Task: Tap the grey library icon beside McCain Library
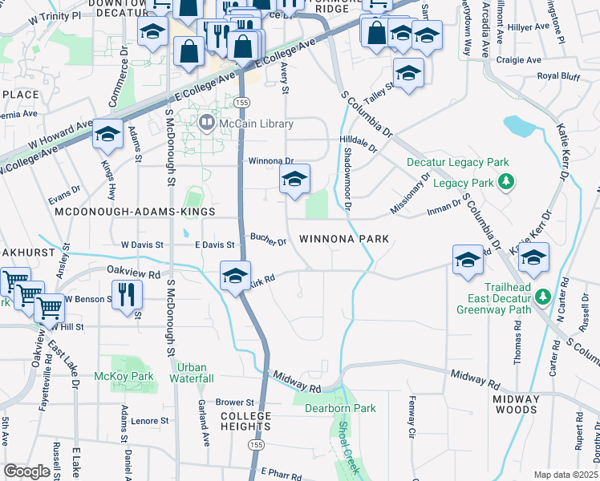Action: [207, 123]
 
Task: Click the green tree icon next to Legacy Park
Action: [505, 183]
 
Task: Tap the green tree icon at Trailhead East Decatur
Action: [544, 297]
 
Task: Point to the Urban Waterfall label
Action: [192, 373]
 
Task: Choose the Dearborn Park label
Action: [340, 408]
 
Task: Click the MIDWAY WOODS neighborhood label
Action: [515, 404]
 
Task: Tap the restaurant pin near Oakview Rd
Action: [127, 294]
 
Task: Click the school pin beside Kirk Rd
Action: [235, 277]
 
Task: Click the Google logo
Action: [26, 471]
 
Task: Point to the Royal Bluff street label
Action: [558, 76]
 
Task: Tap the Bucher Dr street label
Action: [268, 240]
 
